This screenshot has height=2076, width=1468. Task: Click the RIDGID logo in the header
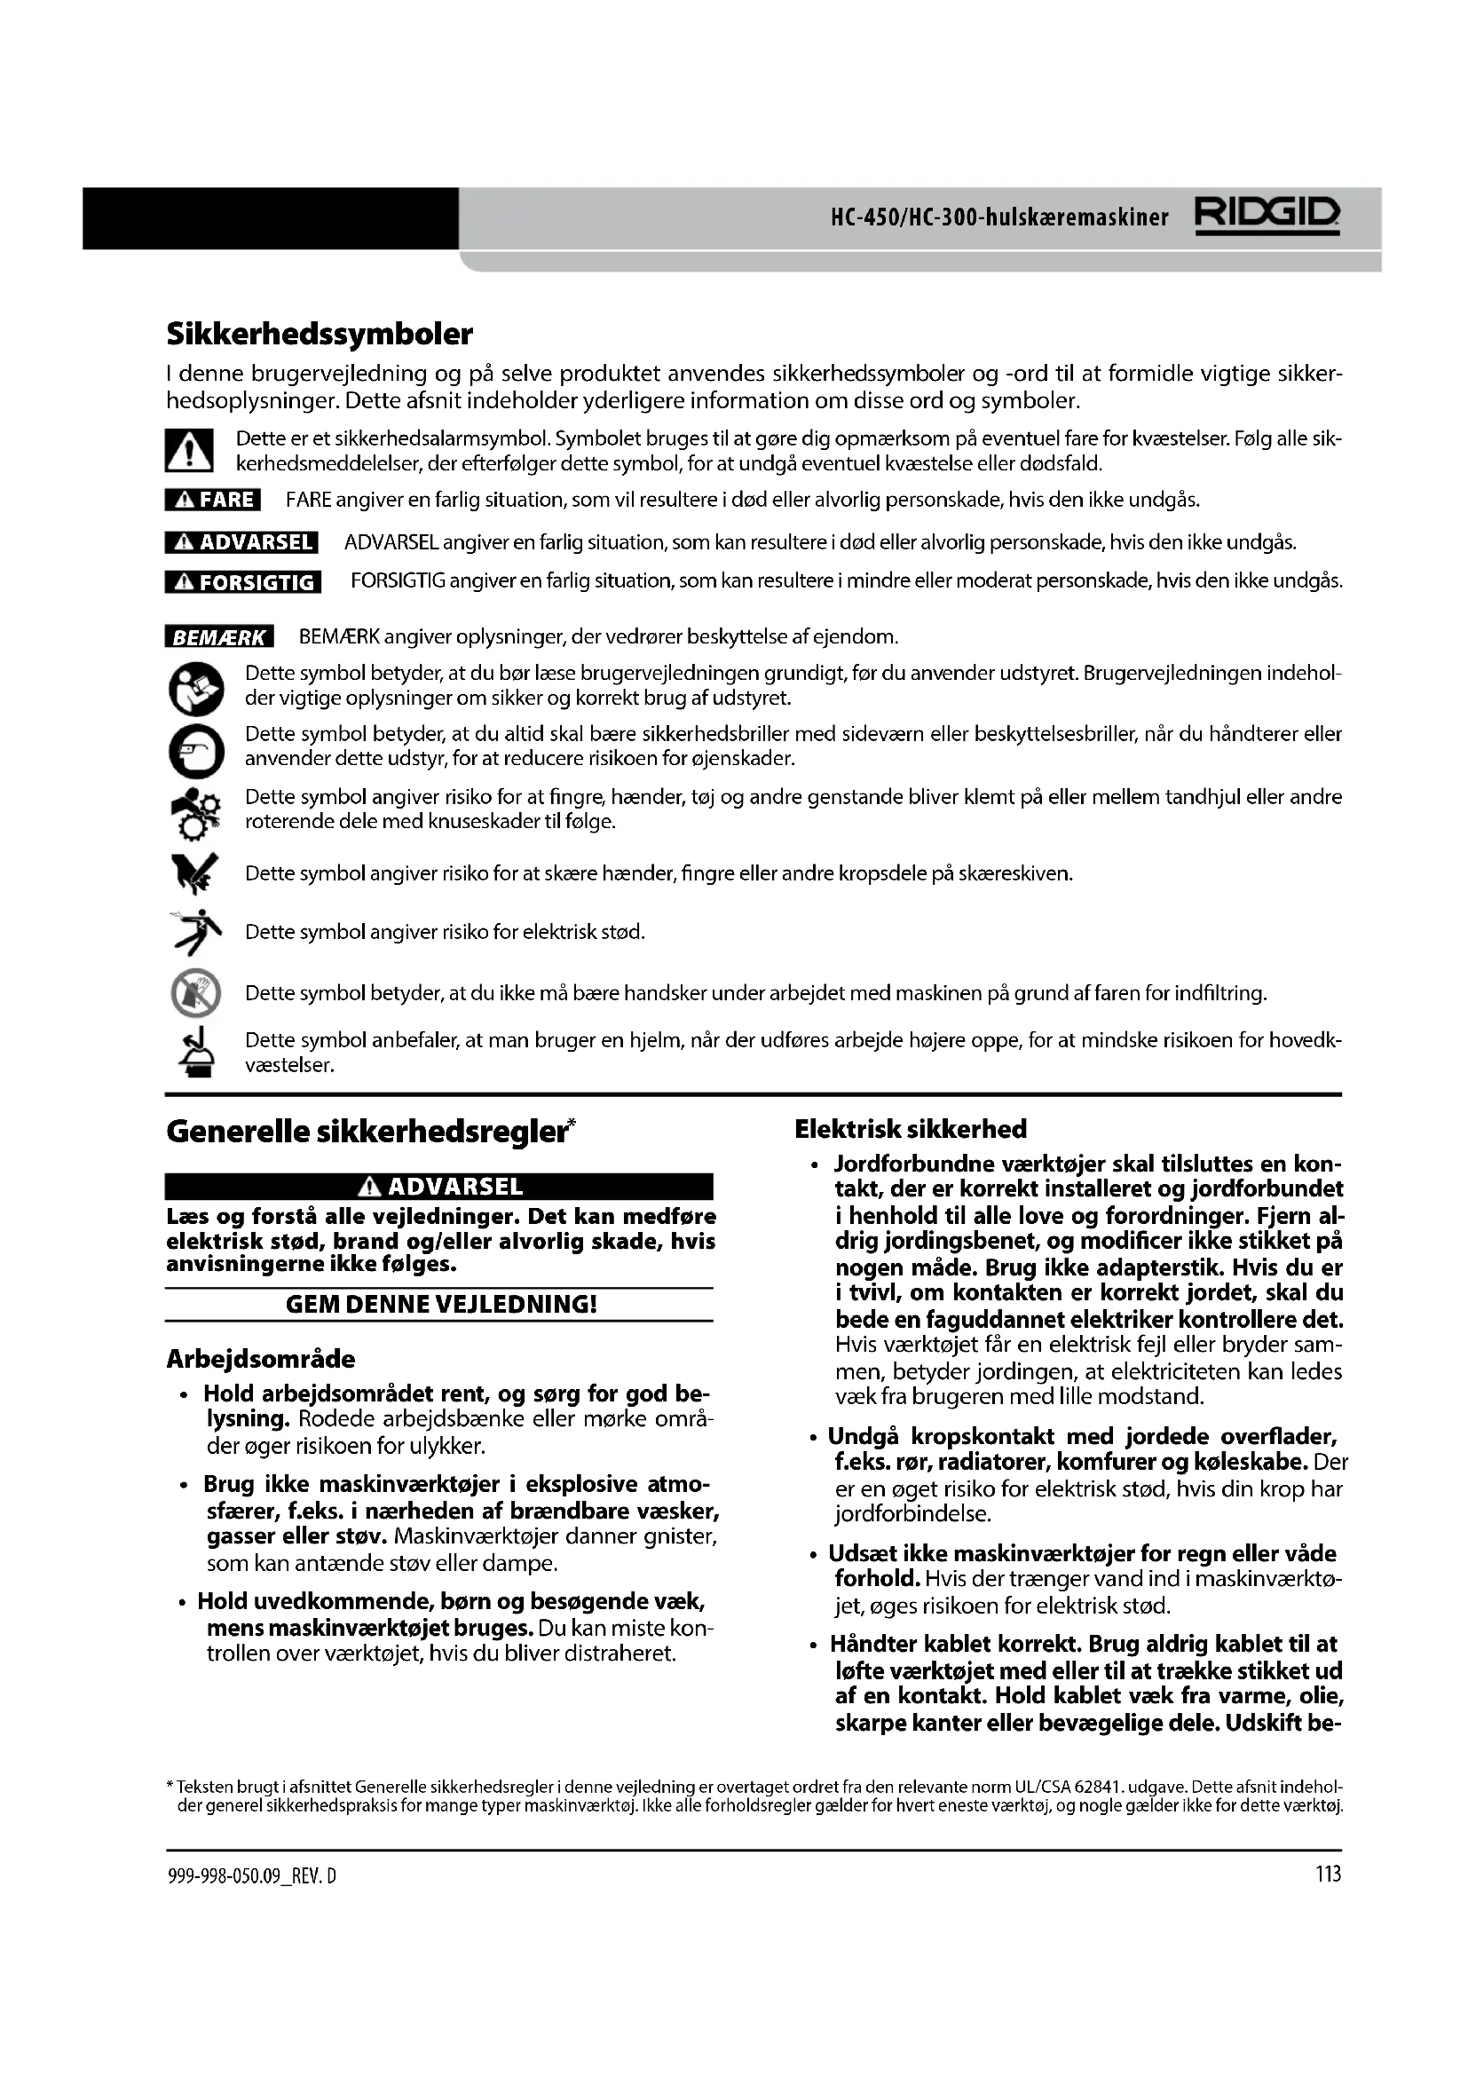coord(1267,217)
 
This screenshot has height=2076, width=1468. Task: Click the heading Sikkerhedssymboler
coord(320,335)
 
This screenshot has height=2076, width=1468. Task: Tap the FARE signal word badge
coord(212,499)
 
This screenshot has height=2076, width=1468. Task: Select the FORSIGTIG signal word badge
coord(243,581)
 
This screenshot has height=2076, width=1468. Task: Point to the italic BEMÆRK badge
coord(218,637)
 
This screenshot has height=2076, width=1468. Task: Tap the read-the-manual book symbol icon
coord(195,689)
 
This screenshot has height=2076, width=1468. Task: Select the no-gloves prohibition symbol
coord(195,993)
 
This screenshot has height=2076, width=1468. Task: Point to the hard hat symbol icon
coord(195,1053)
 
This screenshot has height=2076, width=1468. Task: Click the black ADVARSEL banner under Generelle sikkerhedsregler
coord(439,1187)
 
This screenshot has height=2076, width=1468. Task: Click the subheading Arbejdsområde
coord(260,1359)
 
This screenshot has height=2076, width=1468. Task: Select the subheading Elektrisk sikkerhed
coord(911,1129)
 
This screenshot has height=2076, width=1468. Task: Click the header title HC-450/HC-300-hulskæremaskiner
coord(998,218)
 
